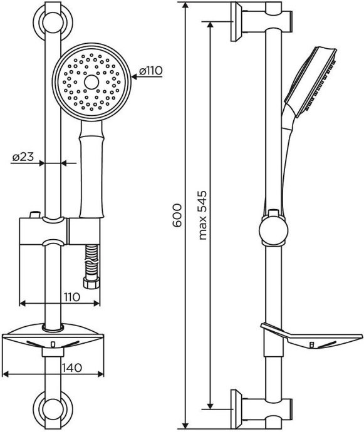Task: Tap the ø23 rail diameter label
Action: tap(23, 158)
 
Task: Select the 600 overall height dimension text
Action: tap(177, 215)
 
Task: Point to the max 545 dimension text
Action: tap(202, 215)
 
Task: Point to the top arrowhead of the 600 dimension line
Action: tap(186, 5)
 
